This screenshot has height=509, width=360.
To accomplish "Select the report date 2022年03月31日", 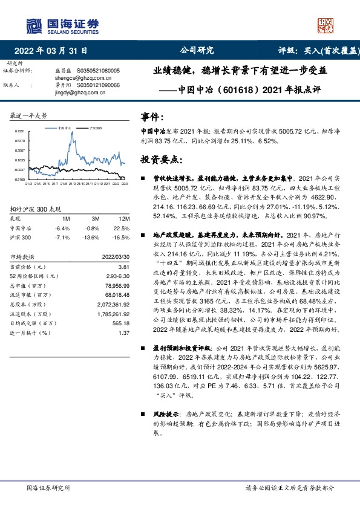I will pyautogui.click(x=51, y=51).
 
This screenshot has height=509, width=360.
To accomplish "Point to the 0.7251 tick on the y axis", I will pyautogui.click(x=20, y=131).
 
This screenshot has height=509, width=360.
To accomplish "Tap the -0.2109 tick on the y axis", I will pyautogui.click(x=20, y=179).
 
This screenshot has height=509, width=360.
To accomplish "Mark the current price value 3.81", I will pyautogui.click(x=124, y=267).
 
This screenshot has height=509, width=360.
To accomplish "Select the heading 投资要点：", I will pyautogui.click(x=161, y=160).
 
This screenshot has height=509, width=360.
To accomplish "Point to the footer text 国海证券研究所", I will pyautogui.click(x=49, y=487).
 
